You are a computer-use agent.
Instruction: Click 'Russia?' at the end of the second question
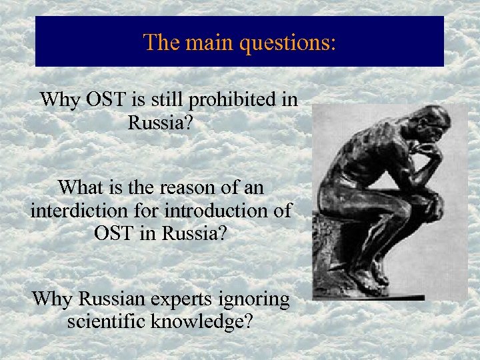(x=197, y=234)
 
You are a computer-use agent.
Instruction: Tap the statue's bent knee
(x=427, y=200)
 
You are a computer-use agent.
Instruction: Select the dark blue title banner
(x=239, y=41)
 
